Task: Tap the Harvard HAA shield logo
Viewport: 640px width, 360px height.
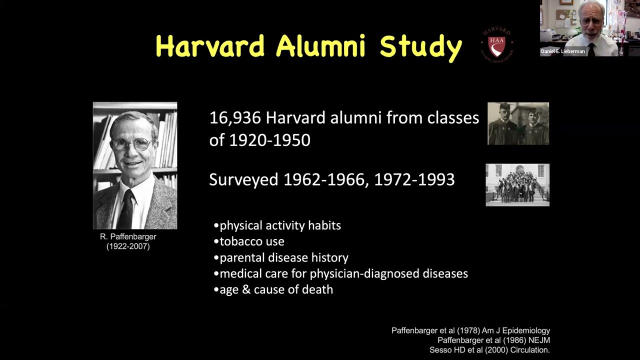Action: [496, 45]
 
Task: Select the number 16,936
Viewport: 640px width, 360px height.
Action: [235, 118]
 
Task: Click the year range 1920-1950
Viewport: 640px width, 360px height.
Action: [269, 140]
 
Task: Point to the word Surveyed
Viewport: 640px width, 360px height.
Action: [243, 179]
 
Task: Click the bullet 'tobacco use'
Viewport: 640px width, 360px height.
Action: [252, 241]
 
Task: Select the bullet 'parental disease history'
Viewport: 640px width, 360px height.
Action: [284, 258]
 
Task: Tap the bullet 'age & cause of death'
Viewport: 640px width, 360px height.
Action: [276, 289]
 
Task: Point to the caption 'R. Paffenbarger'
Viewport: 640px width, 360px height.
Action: [128, 236]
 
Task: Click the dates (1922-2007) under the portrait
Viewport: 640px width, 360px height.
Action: [128, 246]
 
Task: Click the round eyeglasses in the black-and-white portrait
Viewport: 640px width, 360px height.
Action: [131, 144]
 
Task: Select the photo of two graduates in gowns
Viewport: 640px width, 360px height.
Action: [518, 123]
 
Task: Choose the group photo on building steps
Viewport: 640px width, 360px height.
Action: [517, 184]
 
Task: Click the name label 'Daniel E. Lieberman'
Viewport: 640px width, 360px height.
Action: [562, 51]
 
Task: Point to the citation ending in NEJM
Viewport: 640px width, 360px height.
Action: [493, 340]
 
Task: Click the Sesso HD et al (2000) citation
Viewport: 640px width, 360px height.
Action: [489, 350]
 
